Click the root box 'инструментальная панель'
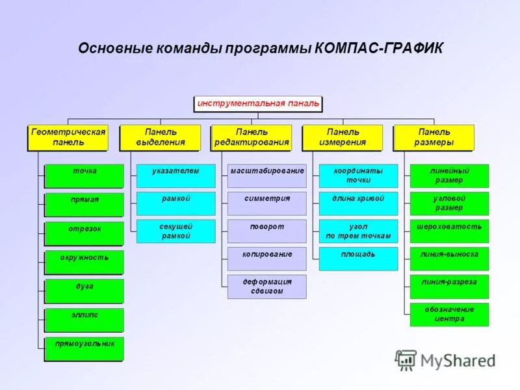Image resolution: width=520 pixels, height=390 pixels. point(258,103)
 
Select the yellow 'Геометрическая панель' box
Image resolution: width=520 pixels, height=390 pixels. point(68,137)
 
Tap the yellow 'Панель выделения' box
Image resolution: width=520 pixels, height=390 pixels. point(160,137)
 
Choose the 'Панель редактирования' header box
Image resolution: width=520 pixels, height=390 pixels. point(251,137)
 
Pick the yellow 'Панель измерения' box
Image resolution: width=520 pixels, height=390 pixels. point(343,137)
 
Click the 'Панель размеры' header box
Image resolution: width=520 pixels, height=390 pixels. point(434,137)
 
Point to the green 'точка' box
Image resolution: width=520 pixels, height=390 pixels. point(84,175)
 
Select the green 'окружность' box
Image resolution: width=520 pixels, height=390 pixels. point(84,261)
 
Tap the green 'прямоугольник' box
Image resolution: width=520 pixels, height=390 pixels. point(84,348)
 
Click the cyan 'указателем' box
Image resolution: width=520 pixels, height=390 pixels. point(175,175)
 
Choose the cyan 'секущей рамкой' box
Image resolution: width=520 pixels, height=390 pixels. point(175,231)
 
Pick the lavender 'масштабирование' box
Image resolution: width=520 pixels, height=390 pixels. point(266,175)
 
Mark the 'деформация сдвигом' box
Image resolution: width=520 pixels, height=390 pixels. point(266,287)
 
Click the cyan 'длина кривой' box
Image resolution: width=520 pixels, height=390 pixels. point(358,203)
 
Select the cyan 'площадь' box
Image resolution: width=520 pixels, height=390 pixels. point(358,259)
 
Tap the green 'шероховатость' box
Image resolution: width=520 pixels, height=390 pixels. point(449,231)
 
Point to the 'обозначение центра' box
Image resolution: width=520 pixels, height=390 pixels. point(449,315)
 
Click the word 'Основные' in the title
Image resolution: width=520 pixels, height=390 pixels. point(114,49)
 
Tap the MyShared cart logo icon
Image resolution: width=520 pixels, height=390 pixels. point(406,359)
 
